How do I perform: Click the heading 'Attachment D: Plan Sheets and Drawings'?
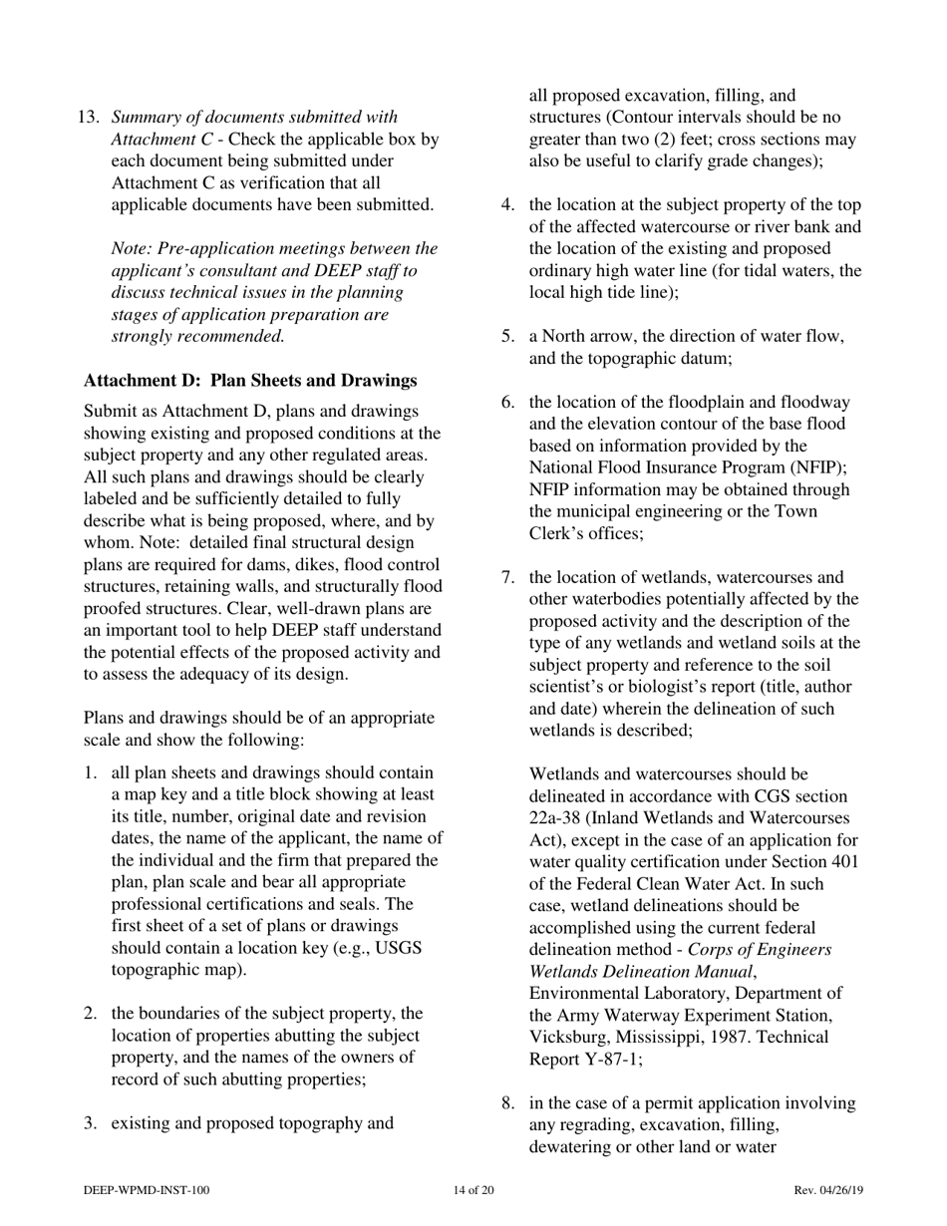[x=250, y=381]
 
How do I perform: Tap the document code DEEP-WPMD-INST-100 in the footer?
[x=147, y=1190]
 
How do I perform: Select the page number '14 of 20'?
[x=473, y=1190]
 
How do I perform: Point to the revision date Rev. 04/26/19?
[x=828, y=1190]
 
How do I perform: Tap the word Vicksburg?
[x=571, y=1038]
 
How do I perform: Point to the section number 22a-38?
[x=558, y=818]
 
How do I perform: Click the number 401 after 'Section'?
[x=842, y=862]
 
